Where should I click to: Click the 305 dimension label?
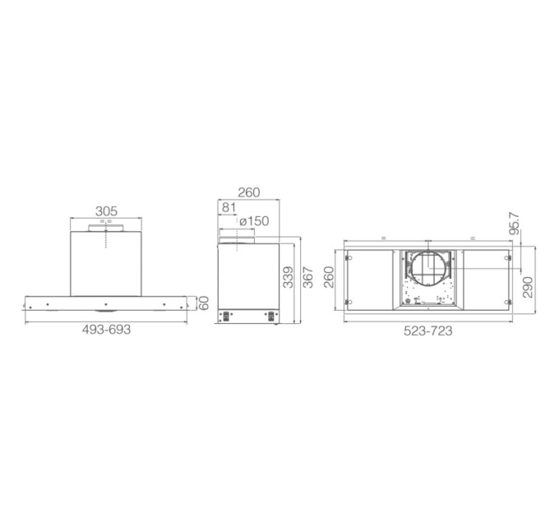pos(106,211)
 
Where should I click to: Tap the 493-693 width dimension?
pos(106,330)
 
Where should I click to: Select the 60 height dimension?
pos(203,303)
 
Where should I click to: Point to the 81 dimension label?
pos(229,207)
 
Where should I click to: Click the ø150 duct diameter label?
pos(254,221)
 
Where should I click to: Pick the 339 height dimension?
pos(288,276)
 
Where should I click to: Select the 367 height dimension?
pos(307,276)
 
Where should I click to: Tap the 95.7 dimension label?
pos(514,223)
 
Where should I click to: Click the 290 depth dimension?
pos(528,287)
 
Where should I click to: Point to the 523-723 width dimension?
pos(427,331)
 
